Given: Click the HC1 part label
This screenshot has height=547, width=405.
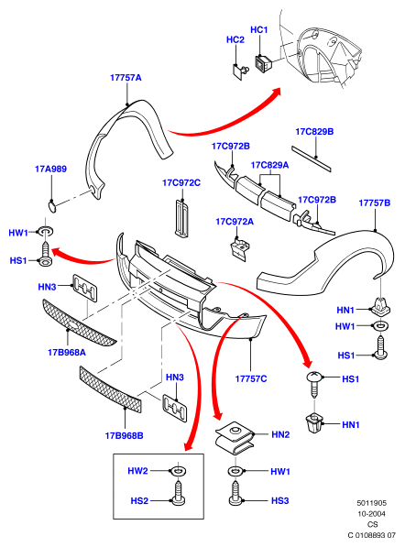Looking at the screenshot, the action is point(259,30).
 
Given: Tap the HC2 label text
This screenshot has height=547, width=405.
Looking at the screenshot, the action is point(235,39).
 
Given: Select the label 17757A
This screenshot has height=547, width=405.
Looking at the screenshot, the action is point(126,78).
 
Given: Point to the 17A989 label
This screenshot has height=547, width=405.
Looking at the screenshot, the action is point(51,169).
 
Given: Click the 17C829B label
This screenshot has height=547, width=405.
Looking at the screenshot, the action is point(314,132).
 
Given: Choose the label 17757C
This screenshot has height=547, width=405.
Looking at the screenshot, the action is point(251,378).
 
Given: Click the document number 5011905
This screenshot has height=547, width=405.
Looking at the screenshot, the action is point(371,503).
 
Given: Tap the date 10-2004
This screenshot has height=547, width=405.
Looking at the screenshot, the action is point(371,513).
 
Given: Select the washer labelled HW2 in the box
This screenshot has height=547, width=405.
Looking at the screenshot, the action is point(178,471).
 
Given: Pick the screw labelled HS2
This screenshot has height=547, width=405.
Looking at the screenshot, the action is point(179,494).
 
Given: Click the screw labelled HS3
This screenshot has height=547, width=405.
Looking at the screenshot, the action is point(235,493).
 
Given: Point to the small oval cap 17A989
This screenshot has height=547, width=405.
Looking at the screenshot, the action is point(52,206).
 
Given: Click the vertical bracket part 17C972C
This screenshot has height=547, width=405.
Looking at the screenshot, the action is point(181,218).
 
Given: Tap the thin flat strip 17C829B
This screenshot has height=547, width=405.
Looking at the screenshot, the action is point(312,159).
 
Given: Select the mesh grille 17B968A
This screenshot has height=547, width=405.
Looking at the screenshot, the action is point(79,323).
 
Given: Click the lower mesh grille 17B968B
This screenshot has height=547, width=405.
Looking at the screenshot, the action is point(111,389).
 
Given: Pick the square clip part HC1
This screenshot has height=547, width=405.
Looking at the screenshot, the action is point(263,64).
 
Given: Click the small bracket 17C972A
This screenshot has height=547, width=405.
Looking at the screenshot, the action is point(240,248).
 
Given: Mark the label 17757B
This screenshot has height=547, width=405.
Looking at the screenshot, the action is point(375,202).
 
